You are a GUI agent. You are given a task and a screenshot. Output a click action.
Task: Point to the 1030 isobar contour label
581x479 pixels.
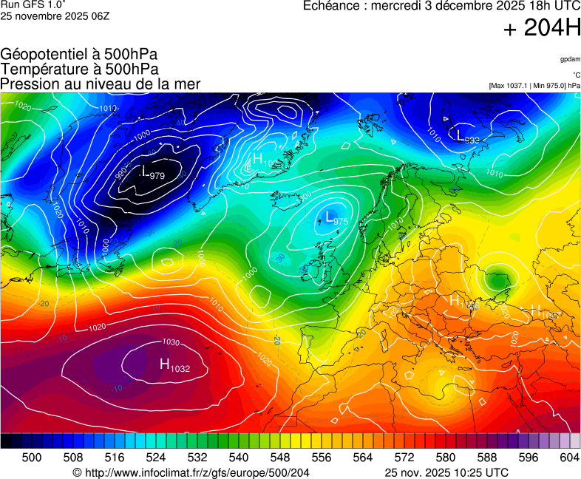[x=171, y=342]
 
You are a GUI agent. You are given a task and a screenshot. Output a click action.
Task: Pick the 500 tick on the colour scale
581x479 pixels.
[x=31, y=458]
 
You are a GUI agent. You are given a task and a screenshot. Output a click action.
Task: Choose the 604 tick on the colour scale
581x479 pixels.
[x=569, y=458]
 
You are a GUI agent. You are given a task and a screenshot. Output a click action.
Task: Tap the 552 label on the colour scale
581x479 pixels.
[x=300, y=458]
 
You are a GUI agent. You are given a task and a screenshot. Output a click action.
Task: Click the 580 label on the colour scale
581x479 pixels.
[x=445, y=458]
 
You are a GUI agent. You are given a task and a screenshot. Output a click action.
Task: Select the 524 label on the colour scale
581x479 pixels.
[x=155, y=458]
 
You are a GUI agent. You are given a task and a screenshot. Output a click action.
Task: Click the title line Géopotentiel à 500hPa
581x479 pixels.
[x=79, y=54]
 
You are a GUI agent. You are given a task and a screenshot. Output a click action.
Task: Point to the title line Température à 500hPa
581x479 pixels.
[x=79, y=69]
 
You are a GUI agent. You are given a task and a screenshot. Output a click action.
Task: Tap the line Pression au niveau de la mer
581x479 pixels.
[x=101, y=84]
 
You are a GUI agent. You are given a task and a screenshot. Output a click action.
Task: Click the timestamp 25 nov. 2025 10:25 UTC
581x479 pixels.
[x=446, y=472]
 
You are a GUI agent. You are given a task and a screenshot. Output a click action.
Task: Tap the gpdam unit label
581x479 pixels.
[x=569, y=59]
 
